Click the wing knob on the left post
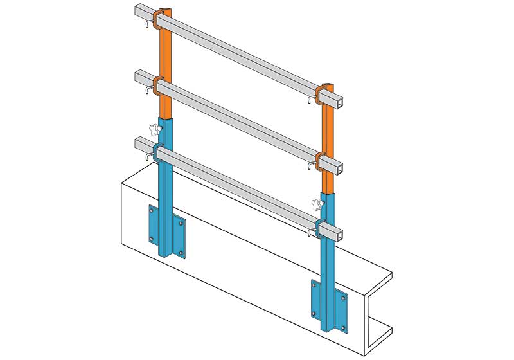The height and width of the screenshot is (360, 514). click(x=153, y=129)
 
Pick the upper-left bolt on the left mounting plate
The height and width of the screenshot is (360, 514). click(x=152, y=208)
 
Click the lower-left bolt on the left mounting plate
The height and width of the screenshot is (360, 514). click(x=152, y=239)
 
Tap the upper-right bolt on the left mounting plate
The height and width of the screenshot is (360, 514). click(x=181, y=223)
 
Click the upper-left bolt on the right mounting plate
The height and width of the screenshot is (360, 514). click(x=314, y=283)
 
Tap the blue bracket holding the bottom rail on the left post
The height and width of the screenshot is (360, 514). click(x=158, y=152)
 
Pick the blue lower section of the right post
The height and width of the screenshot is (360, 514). click(x=328, y=270)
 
